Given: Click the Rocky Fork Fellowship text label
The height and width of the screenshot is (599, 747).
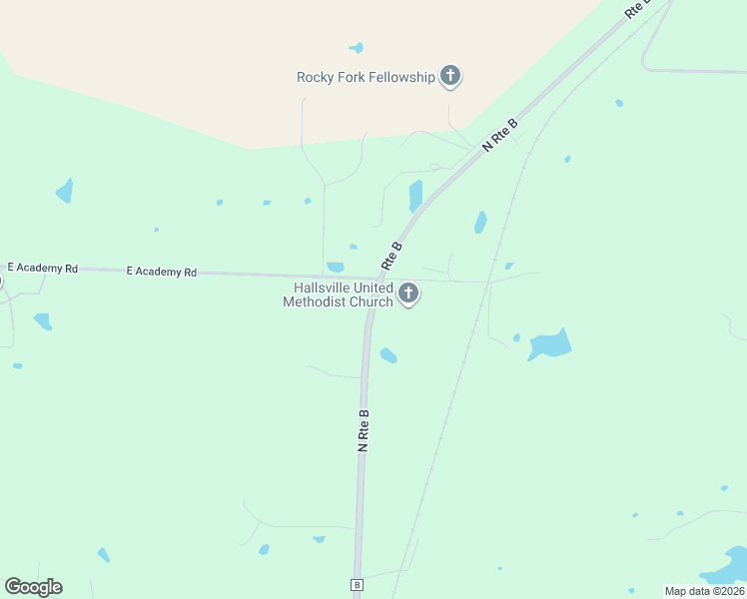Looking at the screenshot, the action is click(x=366, y=77).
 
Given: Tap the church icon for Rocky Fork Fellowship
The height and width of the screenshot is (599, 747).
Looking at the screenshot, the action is click(x=450, y=75).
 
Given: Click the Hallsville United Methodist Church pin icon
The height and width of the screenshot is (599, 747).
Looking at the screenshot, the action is click(x=407, y=294).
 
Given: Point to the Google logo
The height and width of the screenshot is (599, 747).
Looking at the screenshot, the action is click(x=33, y=587).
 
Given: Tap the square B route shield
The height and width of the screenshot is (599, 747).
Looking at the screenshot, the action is click(x=356, y=584).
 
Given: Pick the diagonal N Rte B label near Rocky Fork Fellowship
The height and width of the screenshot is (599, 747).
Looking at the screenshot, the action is click(x=500, y=135).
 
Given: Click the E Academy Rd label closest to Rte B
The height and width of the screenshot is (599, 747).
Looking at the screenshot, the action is click(x=162, y=272).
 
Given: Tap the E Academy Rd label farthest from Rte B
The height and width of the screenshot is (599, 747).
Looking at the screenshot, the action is click(x=43, y=268).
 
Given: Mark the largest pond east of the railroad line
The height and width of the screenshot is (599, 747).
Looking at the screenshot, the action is click(x=550, y=344).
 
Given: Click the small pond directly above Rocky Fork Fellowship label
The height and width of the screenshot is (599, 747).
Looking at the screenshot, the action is click(x=357, y=47).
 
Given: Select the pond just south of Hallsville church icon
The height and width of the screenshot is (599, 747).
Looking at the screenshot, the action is click(x=388, y=355).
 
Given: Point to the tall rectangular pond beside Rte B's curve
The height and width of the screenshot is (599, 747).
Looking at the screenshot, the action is click(x=415, y=195).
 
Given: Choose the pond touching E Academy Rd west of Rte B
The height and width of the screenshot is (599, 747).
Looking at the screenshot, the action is click(x=336, y=267).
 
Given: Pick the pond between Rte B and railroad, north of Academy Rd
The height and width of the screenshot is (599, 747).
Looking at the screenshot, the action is click(x=480, y=222).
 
